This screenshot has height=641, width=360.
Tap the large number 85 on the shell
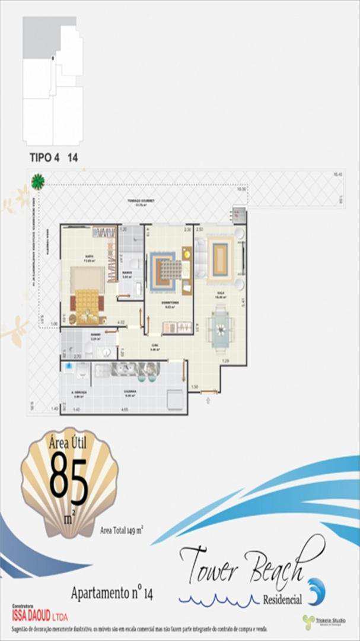[x=69, y=478]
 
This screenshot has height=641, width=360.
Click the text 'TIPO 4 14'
[x=54, y=158]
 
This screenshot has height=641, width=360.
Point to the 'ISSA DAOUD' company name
[x=34, y=615]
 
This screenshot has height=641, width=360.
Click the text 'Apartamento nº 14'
[x=111, y=592]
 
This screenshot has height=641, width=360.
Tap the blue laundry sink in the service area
[x=70, y=367]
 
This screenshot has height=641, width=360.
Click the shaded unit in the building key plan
[x=42, y=37]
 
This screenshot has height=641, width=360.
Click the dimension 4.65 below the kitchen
[x=125, y=410]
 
